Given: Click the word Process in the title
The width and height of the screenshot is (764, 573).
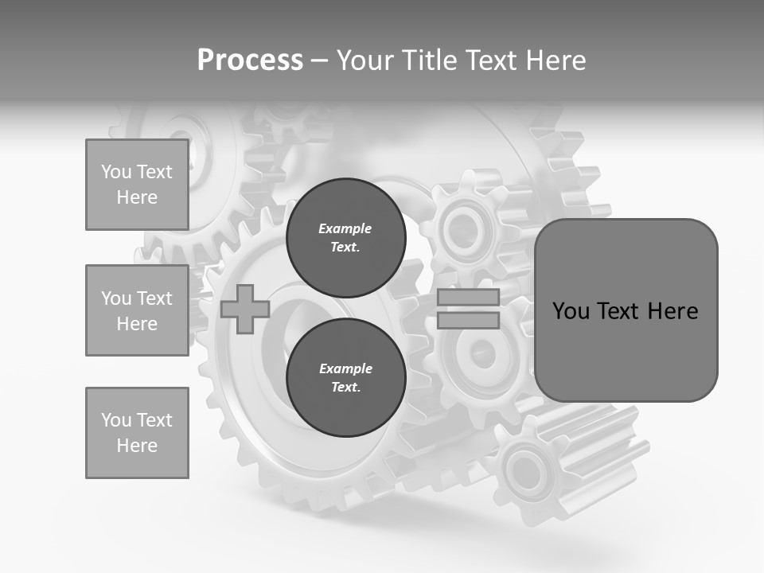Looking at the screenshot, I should point(250,60).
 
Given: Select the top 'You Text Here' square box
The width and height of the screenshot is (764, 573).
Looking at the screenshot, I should point(137,185).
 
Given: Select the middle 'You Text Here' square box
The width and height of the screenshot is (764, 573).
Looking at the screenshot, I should point(137,310).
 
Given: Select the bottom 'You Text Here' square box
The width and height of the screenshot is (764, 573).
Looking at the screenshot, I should point(137,433).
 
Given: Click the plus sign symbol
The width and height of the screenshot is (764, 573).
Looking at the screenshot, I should point(245,309).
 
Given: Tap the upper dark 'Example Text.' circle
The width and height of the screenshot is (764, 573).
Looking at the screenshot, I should point(345,237).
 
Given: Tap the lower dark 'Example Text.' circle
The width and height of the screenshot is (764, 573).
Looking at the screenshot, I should point(345,378).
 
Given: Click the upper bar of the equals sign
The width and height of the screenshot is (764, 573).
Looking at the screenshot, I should point(468,298).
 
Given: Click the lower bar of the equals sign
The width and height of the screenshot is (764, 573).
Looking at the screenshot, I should point(468,320).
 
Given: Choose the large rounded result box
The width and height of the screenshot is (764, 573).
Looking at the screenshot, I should point(626,310).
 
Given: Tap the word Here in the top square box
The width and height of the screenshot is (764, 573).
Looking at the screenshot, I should point(137,197).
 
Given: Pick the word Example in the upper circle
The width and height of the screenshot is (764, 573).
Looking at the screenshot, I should point(345,228).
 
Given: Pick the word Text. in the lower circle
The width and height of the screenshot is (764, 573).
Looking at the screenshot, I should point(345,388).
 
